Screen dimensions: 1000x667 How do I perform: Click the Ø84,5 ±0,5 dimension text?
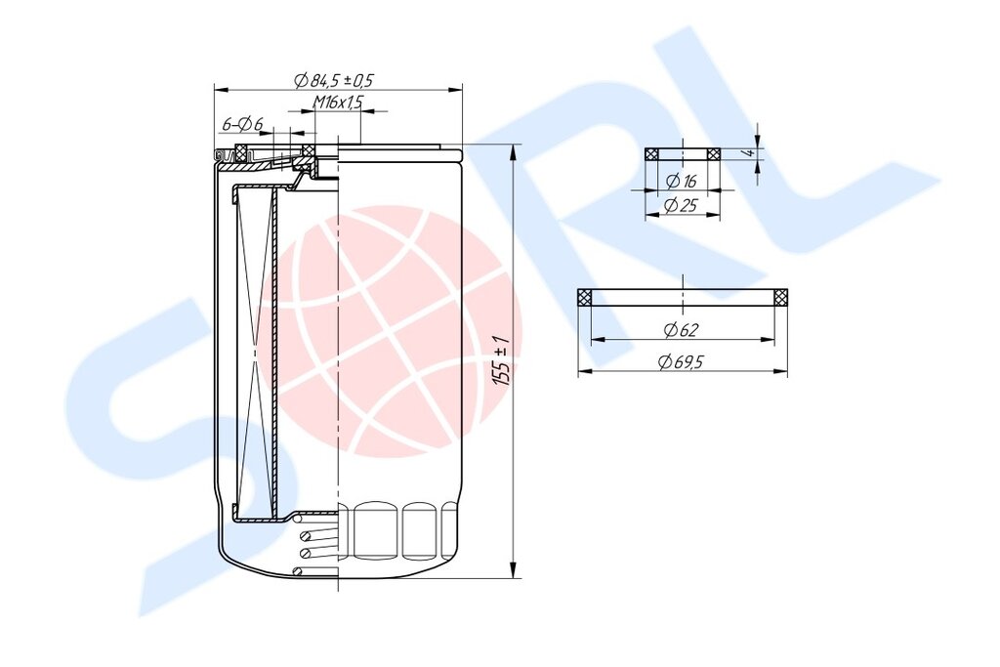(333, 80)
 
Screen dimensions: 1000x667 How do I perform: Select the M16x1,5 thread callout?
(338, 102)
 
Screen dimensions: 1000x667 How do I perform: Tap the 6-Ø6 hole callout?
(242, 124)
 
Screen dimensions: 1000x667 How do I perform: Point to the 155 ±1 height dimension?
(502, 360)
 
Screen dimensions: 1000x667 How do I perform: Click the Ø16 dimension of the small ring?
(681, 181)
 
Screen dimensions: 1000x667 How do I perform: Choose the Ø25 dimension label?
(681, 205)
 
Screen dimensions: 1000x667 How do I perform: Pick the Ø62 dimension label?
(681, 330)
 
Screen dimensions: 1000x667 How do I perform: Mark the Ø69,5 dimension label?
(681, 362)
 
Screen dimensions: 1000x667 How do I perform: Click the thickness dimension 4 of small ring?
(751, 153)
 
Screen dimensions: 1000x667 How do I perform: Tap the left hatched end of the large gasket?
(584, 297)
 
